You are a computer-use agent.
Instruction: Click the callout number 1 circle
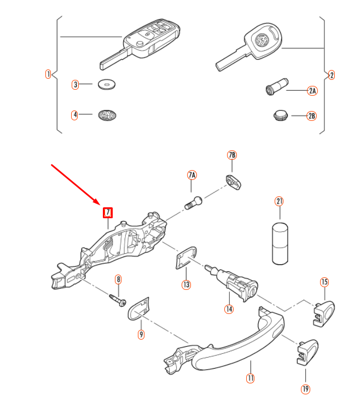48,74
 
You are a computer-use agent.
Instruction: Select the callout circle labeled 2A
312,91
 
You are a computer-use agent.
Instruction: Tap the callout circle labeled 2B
312,116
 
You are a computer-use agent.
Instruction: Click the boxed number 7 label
108,212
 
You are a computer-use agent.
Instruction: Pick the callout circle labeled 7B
232,156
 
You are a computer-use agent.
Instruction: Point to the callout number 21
280,201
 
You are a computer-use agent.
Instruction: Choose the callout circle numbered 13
187,284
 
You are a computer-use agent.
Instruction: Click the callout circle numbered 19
305,389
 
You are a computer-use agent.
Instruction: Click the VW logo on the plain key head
263,40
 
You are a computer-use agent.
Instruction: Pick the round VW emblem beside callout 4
107,115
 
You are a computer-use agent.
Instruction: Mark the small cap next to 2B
280,115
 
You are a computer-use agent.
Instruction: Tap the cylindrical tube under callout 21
280,242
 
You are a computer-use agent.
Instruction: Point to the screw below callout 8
118,300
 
